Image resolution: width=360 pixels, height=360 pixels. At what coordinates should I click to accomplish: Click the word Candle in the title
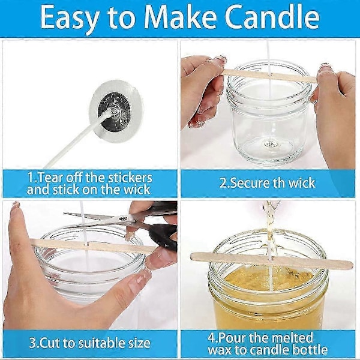click(272, 17)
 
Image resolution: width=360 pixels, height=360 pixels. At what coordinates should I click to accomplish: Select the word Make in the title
click(180, 17)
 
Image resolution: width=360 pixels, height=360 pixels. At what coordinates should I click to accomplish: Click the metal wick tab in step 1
click(115, 112)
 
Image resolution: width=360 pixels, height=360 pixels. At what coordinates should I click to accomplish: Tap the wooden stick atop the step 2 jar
click(270, 76)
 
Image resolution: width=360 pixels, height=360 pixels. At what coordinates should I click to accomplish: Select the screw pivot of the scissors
click(123, 218)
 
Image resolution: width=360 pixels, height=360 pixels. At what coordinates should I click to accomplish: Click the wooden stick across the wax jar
click(272, 261)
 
